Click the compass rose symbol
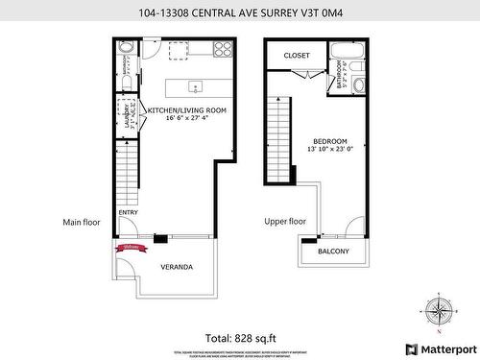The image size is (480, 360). (439, 311)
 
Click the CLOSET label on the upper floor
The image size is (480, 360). (297, 56)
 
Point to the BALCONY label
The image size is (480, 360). (333, 252)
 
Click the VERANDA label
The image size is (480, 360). (176, 267)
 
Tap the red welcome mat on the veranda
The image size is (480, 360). (130, 248)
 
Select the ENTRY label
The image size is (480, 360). (127, 213)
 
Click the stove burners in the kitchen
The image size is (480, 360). (223, 47)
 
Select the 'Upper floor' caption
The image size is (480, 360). (285, 222)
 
